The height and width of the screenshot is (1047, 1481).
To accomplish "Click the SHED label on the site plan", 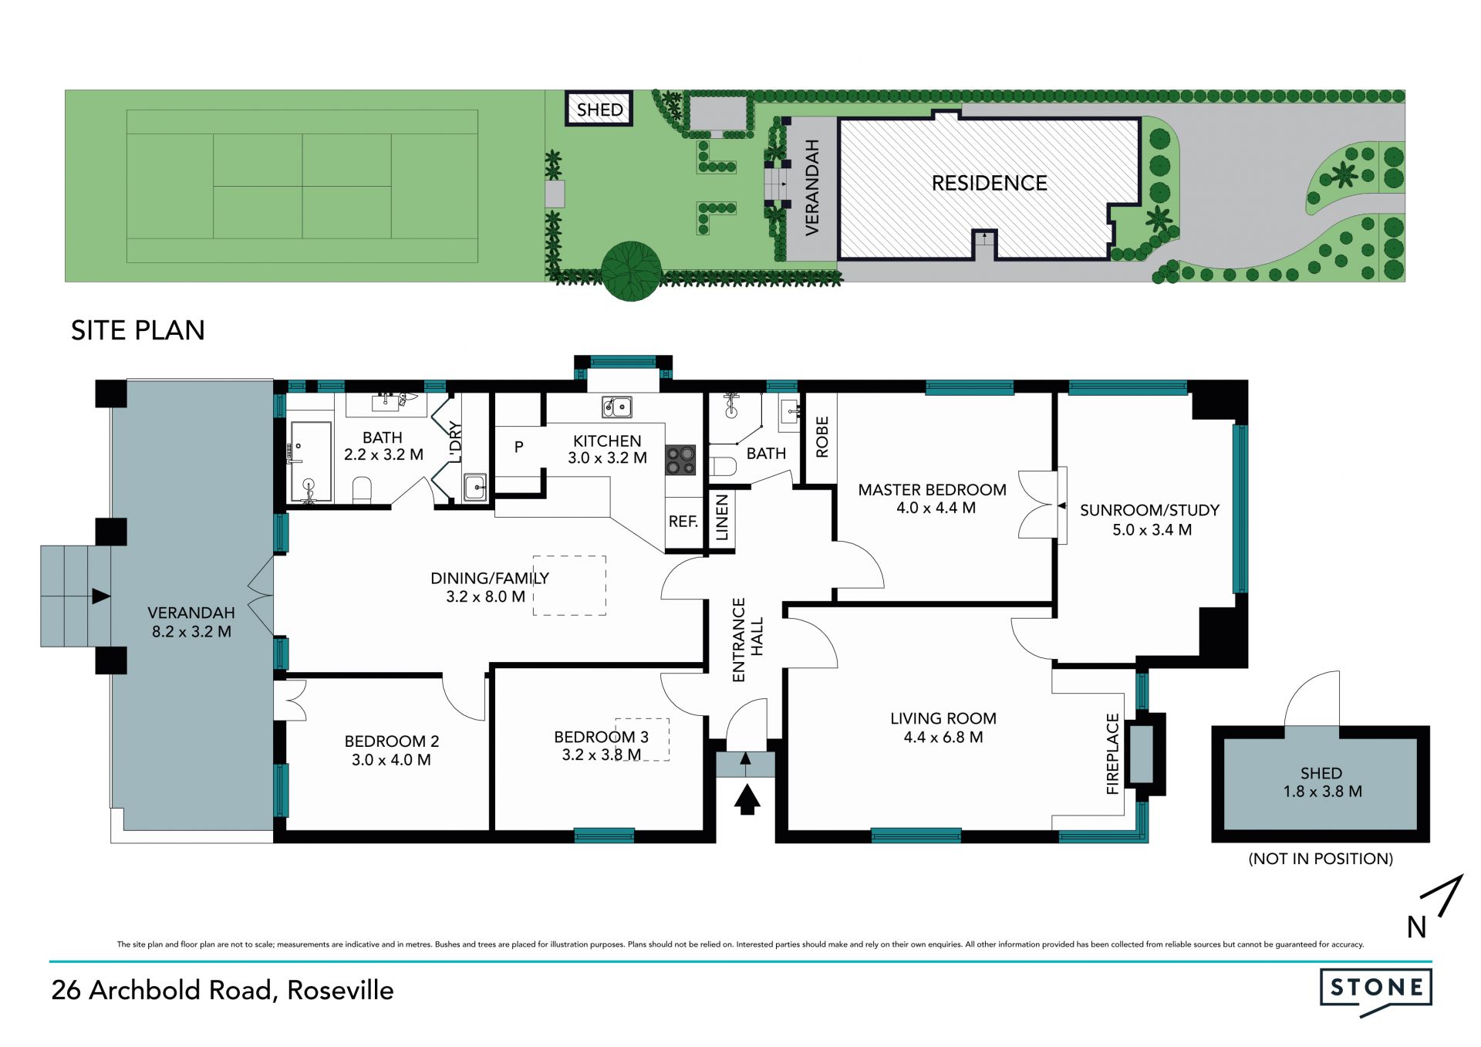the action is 599,110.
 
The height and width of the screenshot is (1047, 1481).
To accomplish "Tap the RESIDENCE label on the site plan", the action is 990,183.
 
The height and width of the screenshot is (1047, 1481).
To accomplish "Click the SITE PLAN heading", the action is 138,330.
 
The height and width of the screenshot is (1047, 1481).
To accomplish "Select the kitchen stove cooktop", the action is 680,460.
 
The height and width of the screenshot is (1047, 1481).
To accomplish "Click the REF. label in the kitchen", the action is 683,522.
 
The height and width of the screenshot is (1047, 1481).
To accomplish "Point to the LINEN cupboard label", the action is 722,518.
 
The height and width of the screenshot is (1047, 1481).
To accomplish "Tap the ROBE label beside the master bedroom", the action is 822,437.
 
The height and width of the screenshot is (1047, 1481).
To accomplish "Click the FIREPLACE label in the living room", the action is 1112,754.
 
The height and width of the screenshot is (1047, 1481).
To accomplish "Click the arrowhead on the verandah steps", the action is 101,596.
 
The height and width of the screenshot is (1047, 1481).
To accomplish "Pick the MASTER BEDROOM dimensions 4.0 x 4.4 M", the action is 936,508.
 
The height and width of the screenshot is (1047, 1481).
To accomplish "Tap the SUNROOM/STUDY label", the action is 1149,510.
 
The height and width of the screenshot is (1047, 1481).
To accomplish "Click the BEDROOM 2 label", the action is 392,741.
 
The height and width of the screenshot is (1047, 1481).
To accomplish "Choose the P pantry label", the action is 519,447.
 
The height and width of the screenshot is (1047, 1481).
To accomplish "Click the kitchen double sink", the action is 617,407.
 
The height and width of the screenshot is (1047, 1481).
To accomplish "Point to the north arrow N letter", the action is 1416,927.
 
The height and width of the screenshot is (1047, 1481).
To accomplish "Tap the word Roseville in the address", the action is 340,990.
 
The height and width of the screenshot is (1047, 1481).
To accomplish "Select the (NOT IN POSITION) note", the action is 1321,859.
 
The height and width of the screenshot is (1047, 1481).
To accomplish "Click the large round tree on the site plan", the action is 631,271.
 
